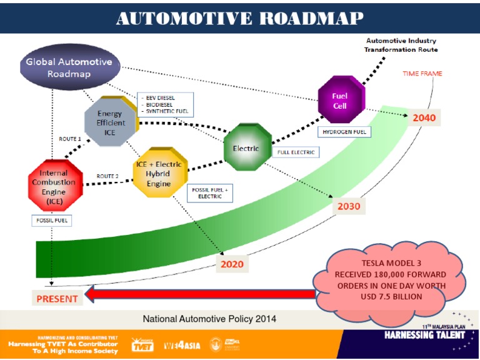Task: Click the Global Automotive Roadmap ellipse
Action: pyautogui.click(x=69, y=67)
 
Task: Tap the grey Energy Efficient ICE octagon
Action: pyautogui.click(x=109, y=122)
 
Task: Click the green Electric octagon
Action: pyautogui.click(x=247, y=147)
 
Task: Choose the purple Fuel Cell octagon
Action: pyautogui.click(x=341, y=100)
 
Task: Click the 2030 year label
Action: pyautogui.click(x=349, y=206)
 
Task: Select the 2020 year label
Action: pyautogui.click(x=232, y=264)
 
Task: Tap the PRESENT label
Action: pyautogui.click(x=57, y=298)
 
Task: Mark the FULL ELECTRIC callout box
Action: pyautogui.click(x=296, y=152)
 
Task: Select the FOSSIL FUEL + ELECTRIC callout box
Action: pyautogui.click(x=210, y=192)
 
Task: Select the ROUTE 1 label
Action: pyautogui.click(x=70, y=138)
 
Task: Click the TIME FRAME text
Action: pyautogui.click(x=422, y=74)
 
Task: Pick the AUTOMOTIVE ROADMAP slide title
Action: pyautogui.click(x=240, y=18)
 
